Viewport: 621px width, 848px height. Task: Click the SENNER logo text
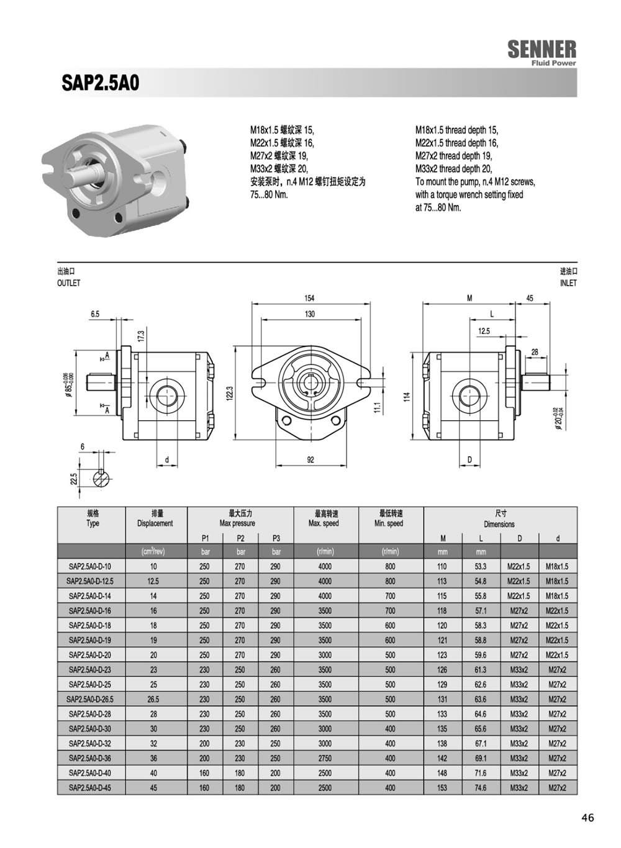(542, 50)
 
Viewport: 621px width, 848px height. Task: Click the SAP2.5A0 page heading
(101, 83)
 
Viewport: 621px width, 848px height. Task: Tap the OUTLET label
(68, 283)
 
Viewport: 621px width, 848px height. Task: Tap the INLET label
(568, 283)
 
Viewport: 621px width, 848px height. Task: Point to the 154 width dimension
(309, 299)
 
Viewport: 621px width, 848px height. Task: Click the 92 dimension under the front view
(310, 460)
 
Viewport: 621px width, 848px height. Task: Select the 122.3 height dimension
(230, 394)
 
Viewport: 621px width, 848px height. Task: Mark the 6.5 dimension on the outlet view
(94, 314)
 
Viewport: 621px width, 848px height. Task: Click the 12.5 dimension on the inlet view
(484, 331)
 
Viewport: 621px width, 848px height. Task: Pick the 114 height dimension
(407, 396)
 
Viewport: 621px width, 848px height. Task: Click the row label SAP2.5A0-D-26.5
(90, 699)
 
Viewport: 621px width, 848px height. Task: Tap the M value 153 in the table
(442, 788)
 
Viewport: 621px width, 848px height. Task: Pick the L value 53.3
(481, 566)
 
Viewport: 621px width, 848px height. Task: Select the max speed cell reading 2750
(325, 758)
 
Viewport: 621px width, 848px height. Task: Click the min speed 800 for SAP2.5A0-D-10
(390, 566)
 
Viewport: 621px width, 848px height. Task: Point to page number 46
(587, 818)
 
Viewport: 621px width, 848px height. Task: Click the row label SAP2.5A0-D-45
(90, 788)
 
